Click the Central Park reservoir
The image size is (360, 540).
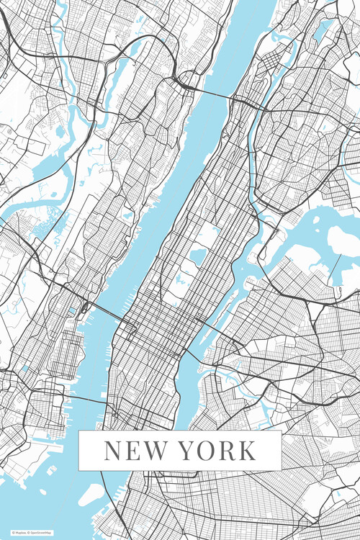point(198,257)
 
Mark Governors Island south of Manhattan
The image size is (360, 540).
point(91,494)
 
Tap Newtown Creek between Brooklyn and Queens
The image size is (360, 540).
point(216,374)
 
